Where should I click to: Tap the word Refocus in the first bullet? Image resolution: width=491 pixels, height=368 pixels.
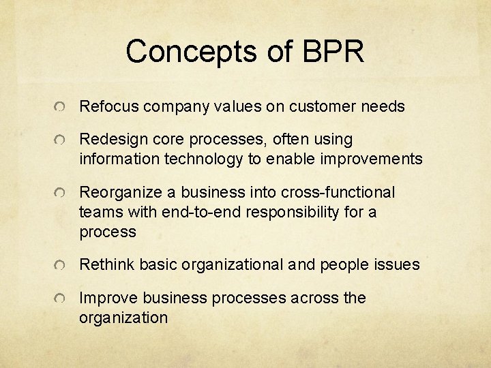pyautogui.click(x=106, y=107)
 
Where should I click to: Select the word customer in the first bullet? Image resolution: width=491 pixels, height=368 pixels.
pyautogui.click(x=320, y=107)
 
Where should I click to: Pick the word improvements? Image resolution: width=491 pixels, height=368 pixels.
pyautogui.click(x=368, y=159)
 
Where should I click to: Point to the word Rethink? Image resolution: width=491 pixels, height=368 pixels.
pyautogui.click(x=106, y=264)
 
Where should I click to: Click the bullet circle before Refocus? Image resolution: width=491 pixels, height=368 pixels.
pyautogui.click(x=61, y=108)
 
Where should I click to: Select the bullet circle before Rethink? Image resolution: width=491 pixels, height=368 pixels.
pyautogui.click(x=61, y=265)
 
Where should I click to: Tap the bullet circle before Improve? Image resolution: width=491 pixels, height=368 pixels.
pyautogui.click(x=61, y=298)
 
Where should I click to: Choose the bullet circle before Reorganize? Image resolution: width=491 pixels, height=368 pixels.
pyautogui.click(x=61, y=194)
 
